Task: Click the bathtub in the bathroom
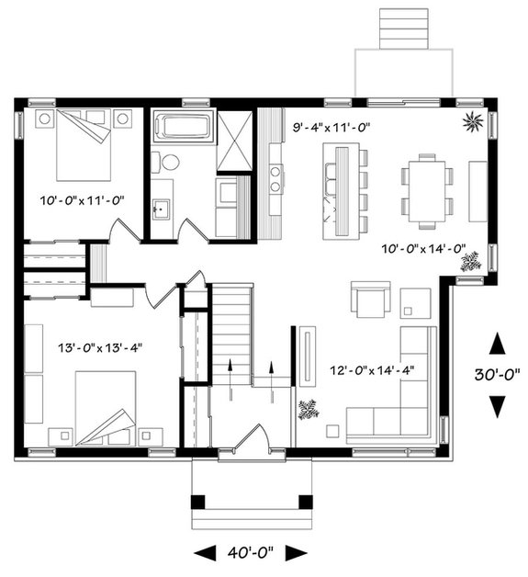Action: (x=183, y=126)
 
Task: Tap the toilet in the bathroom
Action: (x=169, y=163)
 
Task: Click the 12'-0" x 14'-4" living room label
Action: (x=372, y=370)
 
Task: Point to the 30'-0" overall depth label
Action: (x=499, y=374)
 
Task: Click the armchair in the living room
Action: (x=371, y=300)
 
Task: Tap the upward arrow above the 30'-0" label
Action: (x=498, y=345)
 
